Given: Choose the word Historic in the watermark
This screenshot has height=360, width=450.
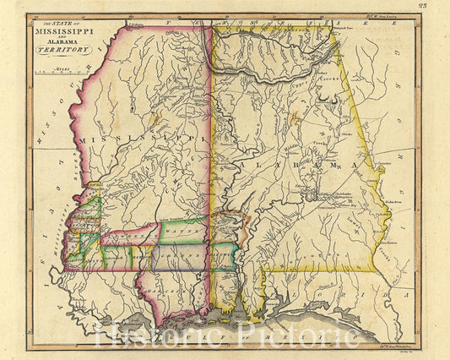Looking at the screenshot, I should point(160,336).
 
